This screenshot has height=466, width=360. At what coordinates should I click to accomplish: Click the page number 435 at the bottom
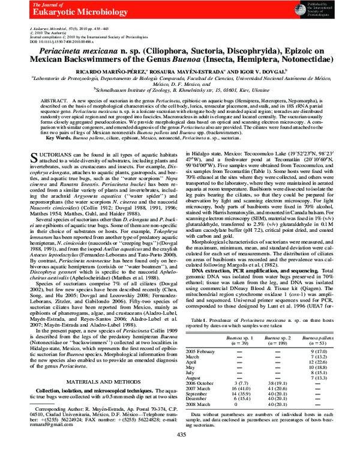[x=180, y=453]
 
